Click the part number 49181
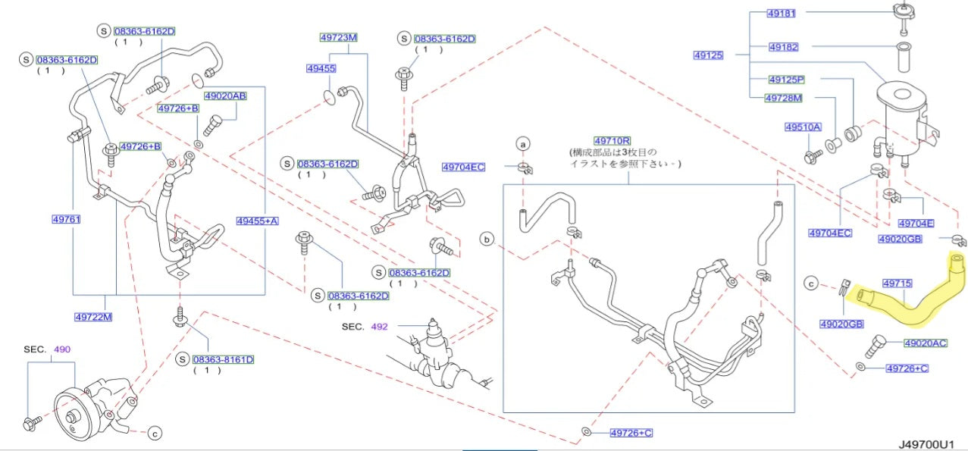(782, 14)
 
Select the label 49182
(784, 47)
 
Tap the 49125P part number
(787, 80)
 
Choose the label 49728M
(784, 98)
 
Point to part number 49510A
(803, 127)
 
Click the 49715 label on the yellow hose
(898, 283)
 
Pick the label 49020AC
(926, 343)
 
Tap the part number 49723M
(339, 38)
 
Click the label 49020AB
(226, 96)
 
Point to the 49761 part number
(67, 220)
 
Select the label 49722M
(93, 317)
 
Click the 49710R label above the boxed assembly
(612, 141)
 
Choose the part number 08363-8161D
(224, 359)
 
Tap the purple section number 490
(62, 349)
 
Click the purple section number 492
(380, 327)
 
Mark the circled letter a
(523, 144)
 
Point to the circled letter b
(487, 240)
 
